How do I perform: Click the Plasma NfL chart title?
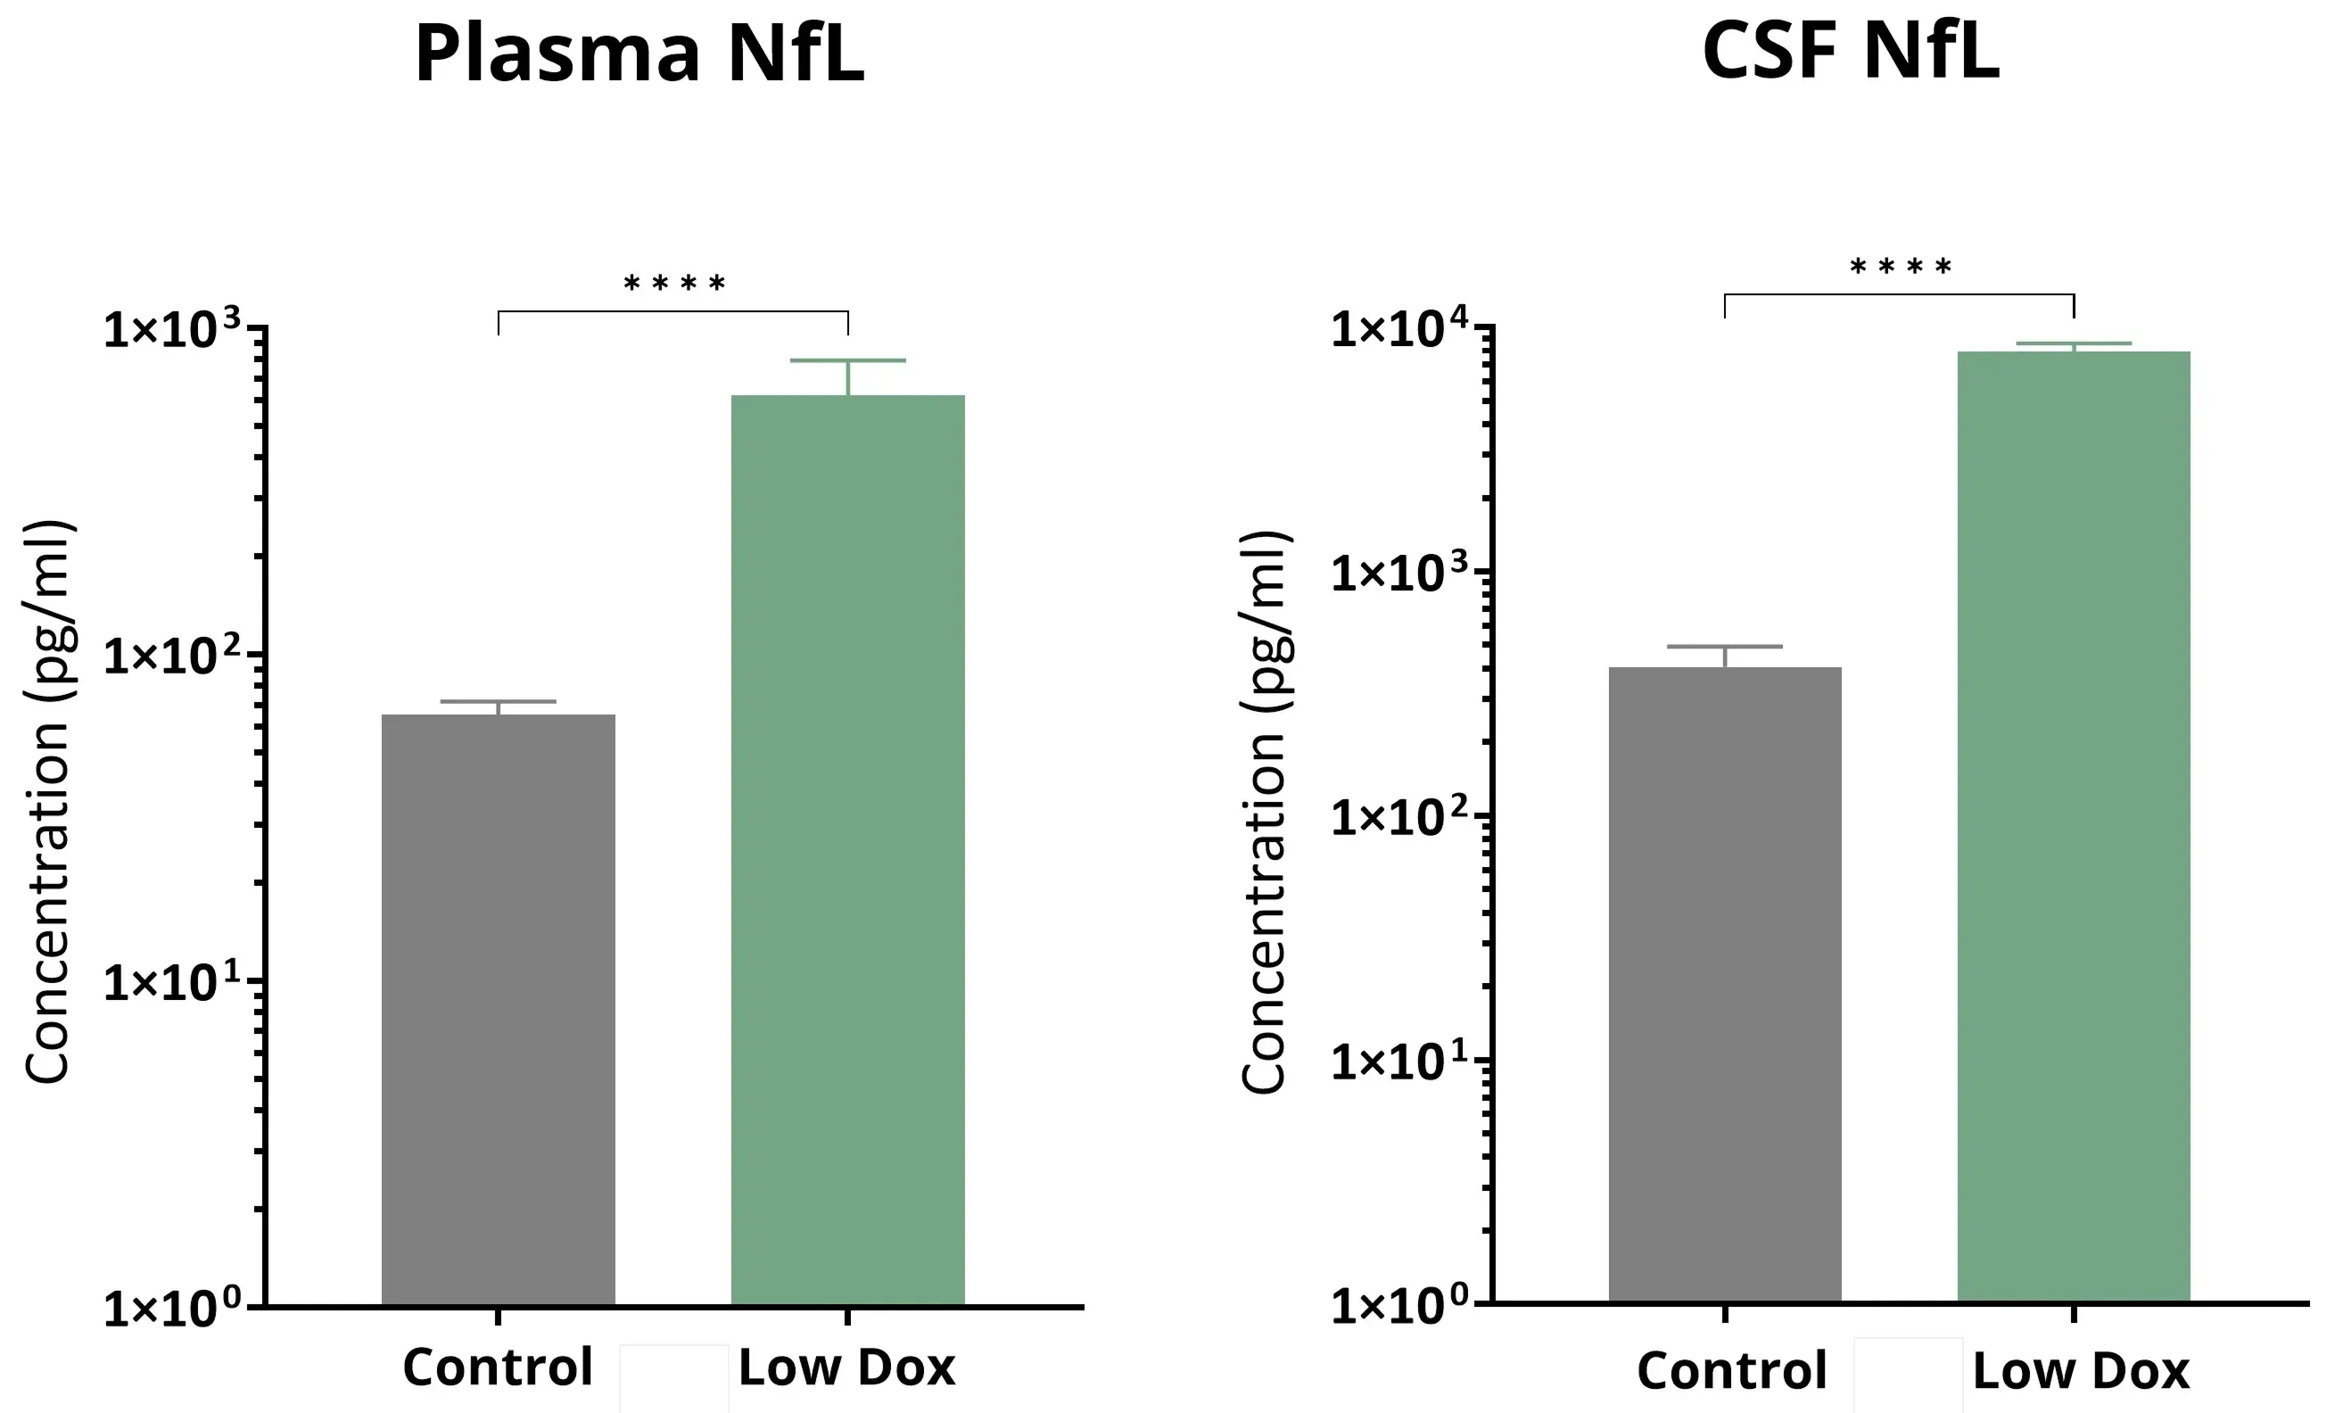coord(639,54)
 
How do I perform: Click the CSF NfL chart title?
coord(1851,52)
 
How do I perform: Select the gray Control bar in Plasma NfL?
coord(499,1008)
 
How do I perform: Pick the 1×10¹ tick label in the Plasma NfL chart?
coord(172,982)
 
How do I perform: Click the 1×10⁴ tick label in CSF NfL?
coord(1398,328)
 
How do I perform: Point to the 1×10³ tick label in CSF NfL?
coord(1398,573)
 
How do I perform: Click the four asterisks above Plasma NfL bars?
coord(674,285)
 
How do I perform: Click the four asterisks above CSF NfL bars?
coord(1900,268)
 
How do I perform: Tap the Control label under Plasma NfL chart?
coord(498,1368)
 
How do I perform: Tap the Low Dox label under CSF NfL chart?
coord(2081,1370)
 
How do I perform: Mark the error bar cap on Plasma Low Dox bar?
coord(847,360)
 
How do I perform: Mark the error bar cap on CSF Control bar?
coord(1725,647)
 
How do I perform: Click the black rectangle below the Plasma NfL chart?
coord(673,1379)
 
